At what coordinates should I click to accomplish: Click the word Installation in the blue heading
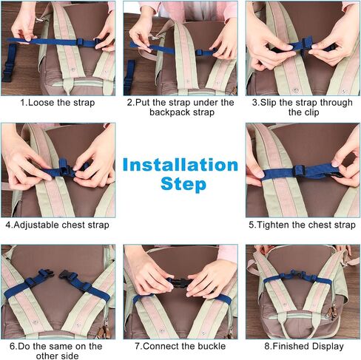click(x=180, y=165)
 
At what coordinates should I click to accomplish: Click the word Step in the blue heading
click(x=183, y=184)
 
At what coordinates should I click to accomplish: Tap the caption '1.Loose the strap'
click(x=58, y=103)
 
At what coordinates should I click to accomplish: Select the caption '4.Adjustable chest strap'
click(x=57, y=225)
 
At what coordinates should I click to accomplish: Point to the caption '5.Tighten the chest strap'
click(x=302, y=225)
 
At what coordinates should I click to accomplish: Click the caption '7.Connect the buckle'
click(x=180, y=346)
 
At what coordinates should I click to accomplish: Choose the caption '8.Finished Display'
click(x=304, y=346)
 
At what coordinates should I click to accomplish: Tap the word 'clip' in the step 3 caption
click(x=311, y=112)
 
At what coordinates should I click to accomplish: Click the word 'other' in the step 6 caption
click(x=47, y=356)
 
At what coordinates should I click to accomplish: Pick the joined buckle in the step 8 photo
click(x=297, y=274)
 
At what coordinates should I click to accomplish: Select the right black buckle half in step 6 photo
click(x=66, y=275)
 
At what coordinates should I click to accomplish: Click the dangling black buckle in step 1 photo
click(x=7, y=72)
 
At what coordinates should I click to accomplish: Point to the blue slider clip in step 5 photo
click(x=299, y=170)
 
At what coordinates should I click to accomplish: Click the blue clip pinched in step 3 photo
click(x=303, y=45)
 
